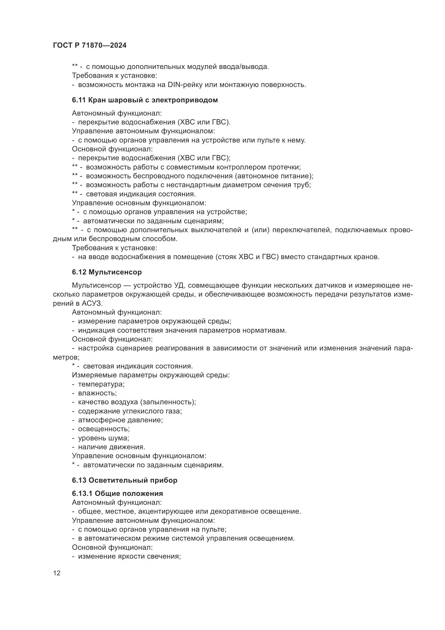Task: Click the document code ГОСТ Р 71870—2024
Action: (x=90, y=46)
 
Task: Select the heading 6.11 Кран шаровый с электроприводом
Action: (x=145, y=100)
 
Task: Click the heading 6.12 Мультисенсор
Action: (x=107, y=272)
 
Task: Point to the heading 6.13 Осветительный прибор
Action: (x=125, y=480)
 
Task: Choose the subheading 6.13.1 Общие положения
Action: (x=117, y=493)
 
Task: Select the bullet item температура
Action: (x=101, y=384)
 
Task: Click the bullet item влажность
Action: (x=97, y=393)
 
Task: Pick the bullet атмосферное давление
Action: (x=120, y=420)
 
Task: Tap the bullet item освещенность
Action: (x=104, y=429)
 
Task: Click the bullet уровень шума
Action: (x=103, y=438)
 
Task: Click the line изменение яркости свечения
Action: (x=129, y=556)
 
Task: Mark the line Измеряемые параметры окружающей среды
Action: (x=151, y=375)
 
